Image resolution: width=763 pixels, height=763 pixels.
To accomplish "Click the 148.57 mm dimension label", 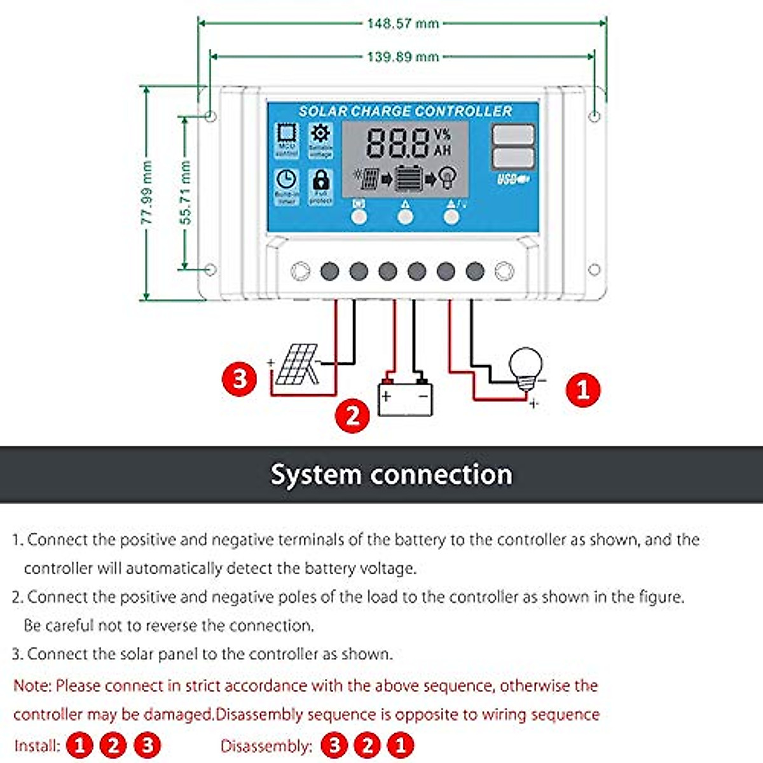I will (402, 24).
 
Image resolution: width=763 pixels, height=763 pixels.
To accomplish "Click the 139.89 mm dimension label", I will (402, 57).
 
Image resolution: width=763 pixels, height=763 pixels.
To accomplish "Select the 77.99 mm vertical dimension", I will (147, 193).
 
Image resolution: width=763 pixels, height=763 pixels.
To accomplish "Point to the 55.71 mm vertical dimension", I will (185, 193).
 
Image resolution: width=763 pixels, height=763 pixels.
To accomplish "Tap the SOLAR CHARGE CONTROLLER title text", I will (405, 111).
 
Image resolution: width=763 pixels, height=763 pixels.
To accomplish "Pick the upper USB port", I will (513, 135).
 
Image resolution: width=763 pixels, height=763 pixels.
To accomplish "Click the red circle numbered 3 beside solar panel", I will (239, 379).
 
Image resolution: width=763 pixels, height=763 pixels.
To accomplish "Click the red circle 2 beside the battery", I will (352, 415).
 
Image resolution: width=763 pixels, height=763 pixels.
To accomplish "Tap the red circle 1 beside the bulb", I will (582, 388).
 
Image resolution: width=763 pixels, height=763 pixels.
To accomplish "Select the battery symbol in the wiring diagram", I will (405, 398).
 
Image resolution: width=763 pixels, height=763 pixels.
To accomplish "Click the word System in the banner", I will (316, 474).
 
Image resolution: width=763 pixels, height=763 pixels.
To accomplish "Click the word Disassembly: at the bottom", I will (266, 746).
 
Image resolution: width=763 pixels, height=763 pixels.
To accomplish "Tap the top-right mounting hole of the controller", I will (595, 116).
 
